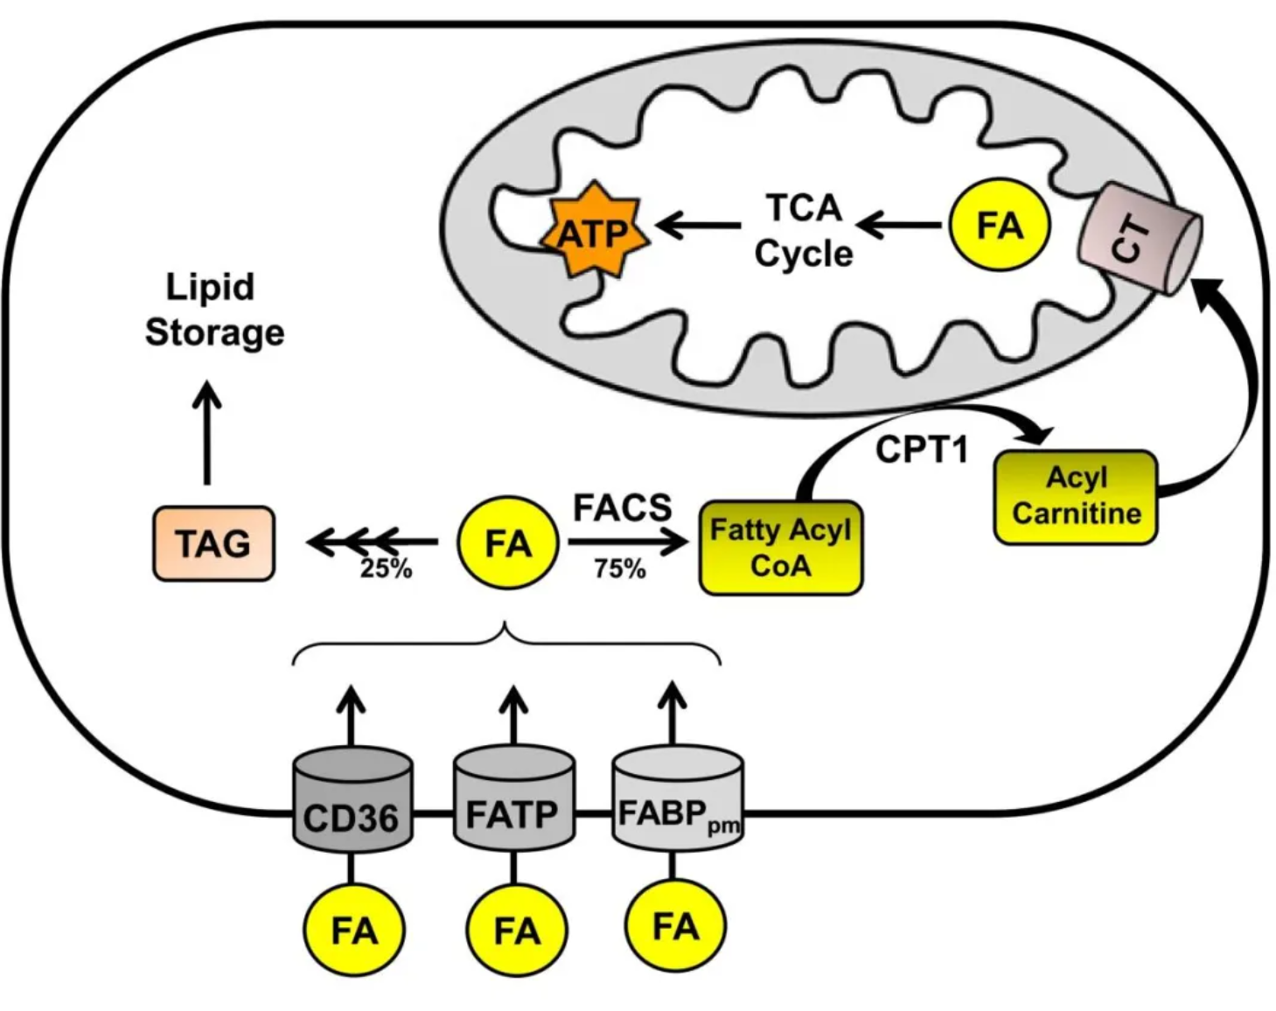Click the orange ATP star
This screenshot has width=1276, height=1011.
click(594, 233)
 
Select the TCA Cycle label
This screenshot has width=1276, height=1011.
click(803, 231)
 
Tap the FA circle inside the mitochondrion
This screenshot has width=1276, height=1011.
click(999, 226)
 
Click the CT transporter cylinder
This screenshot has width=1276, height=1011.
click(1140, 238)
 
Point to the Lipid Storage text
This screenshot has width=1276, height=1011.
click(213, 310)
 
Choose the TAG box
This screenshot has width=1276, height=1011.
click(213, 543)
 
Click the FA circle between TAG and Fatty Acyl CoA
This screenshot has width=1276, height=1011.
click(508, 543)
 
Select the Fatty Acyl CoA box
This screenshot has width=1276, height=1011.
click(780, 547)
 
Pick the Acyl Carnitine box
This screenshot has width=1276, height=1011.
click(1075, 496)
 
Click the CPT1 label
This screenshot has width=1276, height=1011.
click(922, 450)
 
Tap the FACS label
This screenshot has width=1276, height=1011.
click(622, 507)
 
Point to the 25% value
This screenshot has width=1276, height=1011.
click(386, 568)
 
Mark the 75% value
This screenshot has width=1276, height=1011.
click(619, 568)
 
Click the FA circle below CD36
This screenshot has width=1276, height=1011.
click(353, 931)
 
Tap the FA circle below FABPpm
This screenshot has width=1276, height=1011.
click(676, 925)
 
